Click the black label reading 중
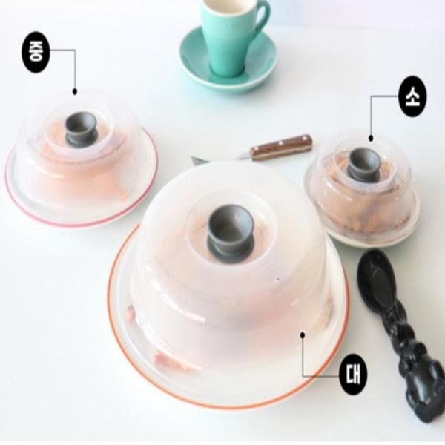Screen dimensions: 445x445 [x=36, y=52]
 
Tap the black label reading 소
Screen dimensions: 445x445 [x=412, y=96]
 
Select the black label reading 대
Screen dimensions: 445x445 [x=353, y=375]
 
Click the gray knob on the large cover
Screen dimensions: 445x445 [x=230, y=229]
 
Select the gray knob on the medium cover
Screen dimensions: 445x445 [x=81, y=129]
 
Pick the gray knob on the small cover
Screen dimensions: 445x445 [x=365, y=162]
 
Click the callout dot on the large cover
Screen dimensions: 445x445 [x=303, y=335]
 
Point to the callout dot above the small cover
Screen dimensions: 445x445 [x=371, y=138]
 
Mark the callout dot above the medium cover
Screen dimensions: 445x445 [x=75, y=91]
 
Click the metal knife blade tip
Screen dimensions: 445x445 [x=192, y=159]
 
